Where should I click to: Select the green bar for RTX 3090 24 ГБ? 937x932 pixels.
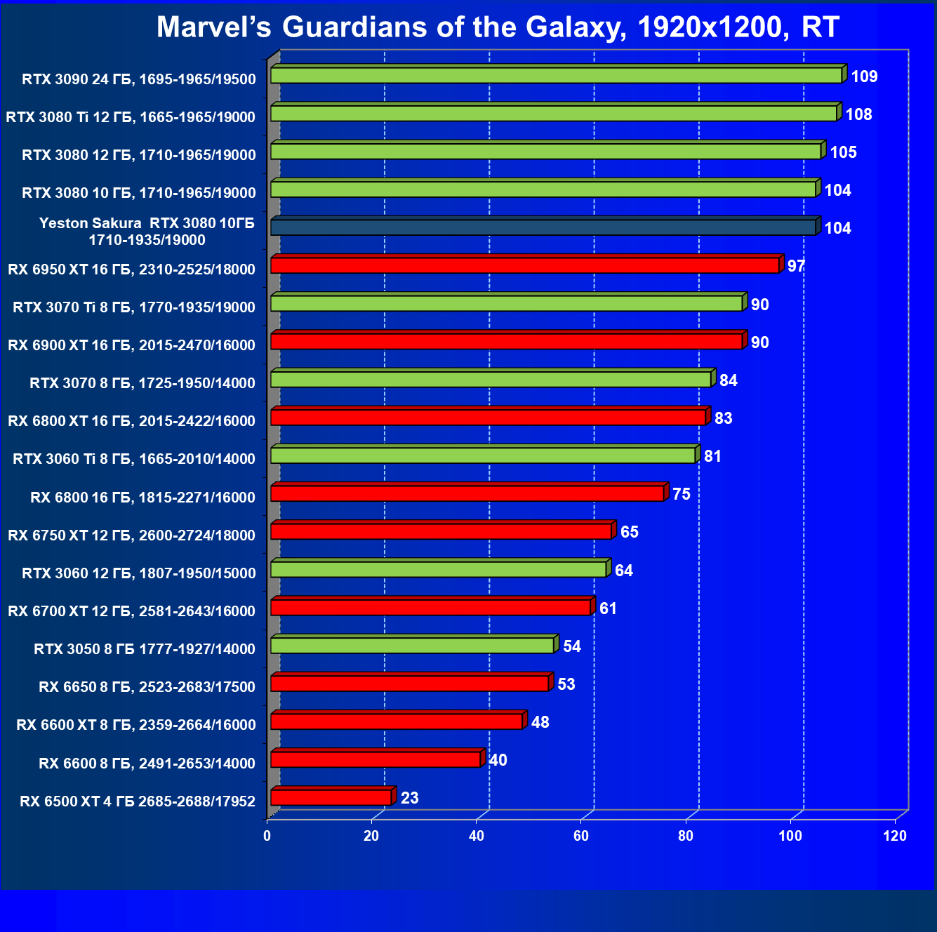[556, 75]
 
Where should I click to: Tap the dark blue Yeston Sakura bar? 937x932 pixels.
[543, 227]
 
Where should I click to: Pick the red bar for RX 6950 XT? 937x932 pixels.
[524, 265]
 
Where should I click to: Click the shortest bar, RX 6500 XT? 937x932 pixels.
[331, 797]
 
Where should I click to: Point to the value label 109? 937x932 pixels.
[864, 76]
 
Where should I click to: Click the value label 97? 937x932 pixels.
[796, 267]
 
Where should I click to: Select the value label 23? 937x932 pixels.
[409, 798]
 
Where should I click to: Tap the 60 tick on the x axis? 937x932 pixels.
[581, 836]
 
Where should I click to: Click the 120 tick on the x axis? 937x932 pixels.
[895, 836]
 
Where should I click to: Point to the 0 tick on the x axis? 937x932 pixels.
[267, 836]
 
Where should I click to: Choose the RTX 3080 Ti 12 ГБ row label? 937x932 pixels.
[131, 117]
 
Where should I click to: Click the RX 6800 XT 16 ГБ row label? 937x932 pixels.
[131, 421]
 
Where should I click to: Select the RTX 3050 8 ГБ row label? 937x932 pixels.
[145, 649]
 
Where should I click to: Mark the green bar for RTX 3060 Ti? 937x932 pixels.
[482, 455]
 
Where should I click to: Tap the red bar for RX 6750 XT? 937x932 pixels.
[441, 531]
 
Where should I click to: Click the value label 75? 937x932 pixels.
[681, 494]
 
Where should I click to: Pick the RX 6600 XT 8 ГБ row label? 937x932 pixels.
[136, 725]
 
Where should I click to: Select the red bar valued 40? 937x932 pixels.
[376, 759]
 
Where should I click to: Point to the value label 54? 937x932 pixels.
[572, 646]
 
